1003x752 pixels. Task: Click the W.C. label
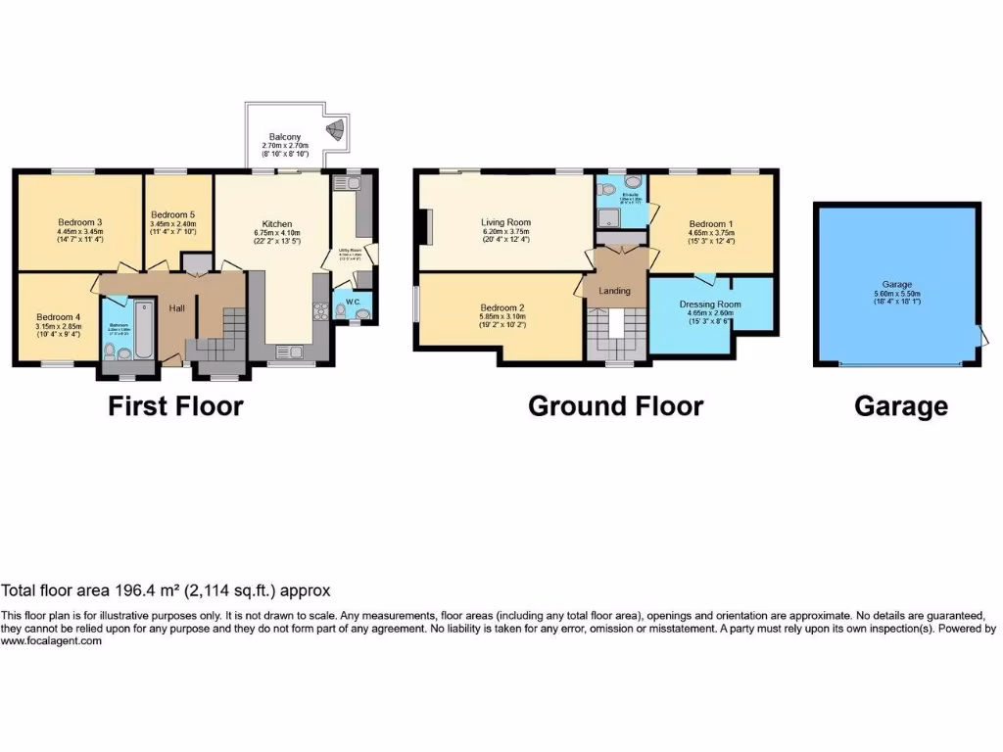[351, 302]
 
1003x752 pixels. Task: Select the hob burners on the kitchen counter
[320, 311]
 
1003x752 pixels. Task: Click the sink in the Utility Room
[349, 181]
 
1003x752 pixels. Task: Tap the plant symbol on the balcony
[337, 128]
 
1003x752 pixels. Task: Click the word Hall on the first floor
[176, 308]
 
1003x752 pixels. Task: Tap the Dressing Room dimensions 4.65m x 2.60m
[710, 314]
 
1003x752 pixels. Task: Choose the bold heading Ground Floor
[615, 405]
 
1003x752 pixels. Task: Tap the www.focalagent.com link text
[51, 640]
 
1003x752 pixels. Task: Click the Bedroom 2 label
[501, 305]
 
